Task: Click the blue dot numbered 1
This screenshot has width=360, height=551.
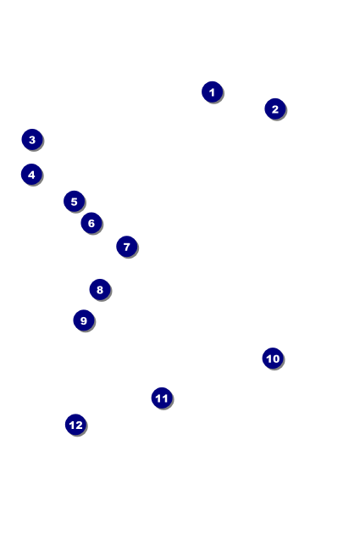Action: [212, 92]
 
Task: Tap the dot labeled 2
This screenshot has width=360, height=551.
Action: [275, 109]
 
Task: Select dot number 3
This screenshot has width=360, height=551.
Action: [32, 140]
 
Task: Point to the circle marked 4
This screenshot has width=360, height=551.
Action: [31, 175]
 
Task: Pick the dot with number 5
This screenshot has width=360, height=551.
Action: [74, 202]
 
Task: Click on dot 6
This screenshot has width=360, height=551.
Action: [91, 223]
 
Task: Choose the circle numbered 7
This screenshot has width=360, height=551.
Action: [127, 247]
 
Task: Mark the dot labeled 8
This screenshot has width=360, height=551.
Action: [100, 290]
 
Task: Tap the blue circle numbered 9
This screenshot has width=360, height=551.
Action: [84, 320]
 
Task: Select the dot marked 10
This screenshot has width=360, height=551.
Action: [273, 359]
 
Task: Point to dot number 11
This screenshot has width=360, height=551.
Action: [162, 398]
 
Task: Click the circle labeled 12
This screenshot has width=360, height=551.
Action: [76, 425]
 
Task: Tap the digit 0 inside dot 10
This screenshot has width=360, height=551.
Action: [275, 359]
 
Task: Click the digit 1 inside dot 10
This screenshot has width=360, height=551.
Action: [269, 359]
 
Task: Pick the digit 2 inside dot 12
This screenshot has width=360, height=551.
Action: [79, 426]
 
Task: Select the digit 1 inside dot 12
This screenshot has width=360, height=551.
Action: [72, 426]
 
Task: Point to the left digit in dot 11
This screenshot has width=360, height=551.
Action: [158, 398]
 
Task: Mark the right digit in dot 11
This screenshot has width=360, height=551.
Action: [164, 398]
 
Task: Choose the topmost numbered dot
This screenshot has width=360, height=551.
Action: [212, 92]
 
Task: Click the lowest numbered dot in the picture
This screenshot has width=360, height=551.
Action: [76, 425]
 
